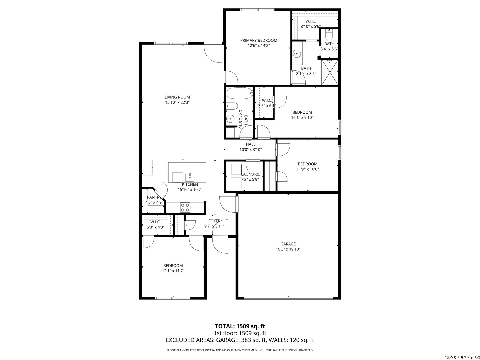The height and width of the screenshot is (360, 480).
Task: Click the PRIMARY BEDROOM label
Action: click(x=258, y=40)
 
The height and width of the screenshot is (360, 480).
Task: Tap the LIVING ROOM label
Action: click(x=177, y=97)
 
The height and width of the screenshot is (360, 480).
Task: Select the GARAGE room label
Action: click(x=288, y=244)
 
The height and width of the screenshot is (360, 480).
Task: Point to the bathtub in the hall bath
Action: click(x=240, y=93)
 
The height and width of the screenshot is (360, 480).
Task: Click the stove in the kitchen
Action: click(x=185, y=207)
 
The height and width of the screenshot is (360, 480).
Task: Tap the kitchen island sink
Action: click(x=190, y=177)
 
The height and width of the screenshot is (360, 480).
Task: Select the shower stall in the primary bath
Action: click(x=330, y=72)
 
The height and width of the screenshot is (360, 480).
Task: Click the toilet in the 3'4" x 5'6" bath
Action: click(x=329, y=35)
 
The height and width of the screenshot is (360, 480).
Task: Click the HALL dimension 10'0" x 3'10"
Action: click(x=250, y=150)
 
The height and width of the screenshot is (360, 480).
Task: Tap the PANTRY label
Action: click(x=154, y=197)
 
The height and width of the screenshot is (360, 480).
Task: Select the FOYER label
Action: click(x=214, y=221)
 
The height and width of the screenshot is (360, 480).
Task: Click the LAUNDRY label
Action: click(x=250, y=174)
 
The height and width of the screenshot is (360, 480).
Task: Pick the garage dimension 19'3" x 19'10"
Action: click(x=288, y=249)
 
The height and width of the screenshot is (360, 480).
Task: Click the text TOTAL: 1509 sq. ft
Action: click(x=240, y=326)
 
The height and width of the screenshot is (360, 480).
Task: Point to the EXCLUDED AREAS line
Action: click(x=240, y=340)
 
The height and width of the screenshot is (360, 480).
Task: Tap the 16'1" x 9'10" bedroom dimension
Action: click(x=302, y=117)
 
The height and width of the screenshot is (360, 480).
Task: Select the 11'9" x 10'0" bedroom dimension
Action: click(x=307, y=169)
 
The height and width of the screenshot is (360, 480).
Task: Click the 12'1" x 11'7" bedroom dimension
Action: click(x=173, y=271)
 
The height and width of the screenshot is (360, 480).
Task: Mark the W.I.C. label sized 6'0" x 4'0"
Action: click(x=155, y=222)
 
